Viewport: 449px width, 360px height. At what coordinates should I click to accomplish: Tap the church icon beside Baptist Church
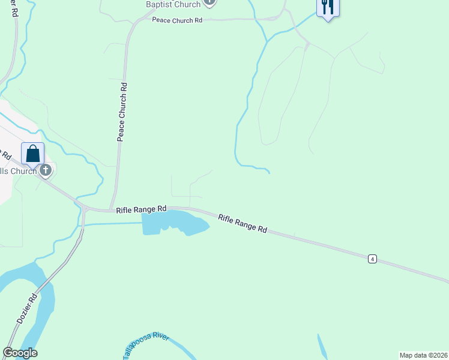[x=209, y=2]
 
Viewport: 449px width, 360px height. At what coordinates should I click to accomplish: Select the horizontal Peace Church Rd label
[x=176, y=20]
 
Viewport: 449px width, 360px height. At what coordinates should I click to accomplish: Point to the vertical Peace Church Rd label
[x=122, y=112]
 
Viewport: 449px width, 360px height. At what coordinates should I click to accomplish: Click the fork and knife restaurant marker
[x=328, y=7]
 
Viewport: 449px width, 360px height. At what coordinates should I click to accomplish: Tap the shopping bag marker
[x=33, y=154]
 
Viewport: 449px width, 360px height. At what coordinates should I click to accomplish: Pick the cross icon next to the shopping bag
[x=46, y=172]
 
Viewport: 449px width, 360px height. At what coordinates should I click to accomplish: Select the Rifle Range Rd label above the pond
[x=141, y=209]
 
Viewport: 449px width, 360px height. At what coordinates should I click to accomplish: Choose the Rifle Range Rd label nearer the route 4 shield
[x=243, y=223]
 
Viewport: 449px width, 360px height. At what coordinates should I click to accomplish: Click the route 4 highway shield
[x=373, y=259]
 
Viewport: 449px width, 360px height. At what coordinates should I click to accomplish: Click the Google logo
[x=20, y=353]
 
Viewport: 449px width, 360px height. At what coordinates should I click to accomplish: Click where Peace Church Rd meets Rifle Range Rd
[x=110, y=210]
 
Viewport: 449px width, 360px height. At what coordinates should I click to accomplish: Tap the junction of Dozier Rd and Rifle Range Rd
[x=83, y=210]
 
